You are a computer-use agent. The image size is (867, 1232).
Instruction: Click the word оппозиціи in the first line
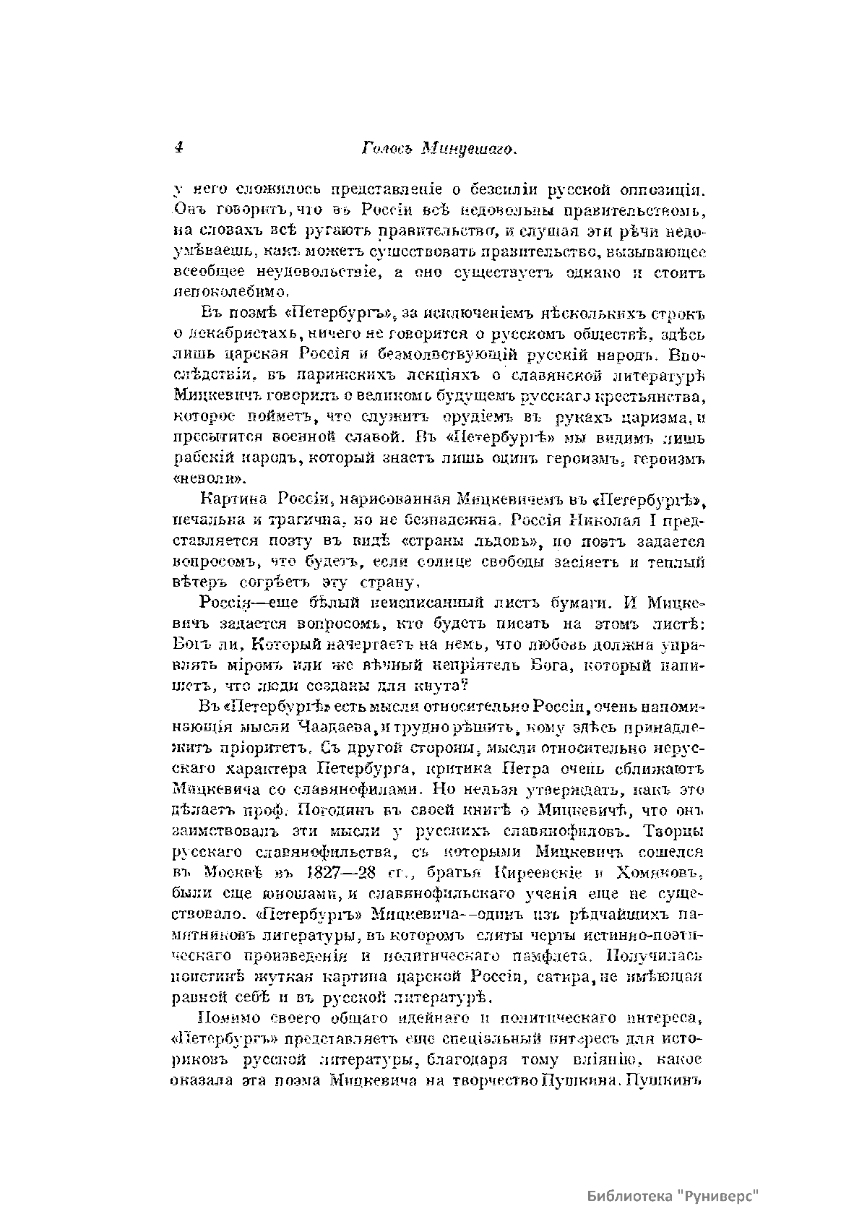659,191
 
